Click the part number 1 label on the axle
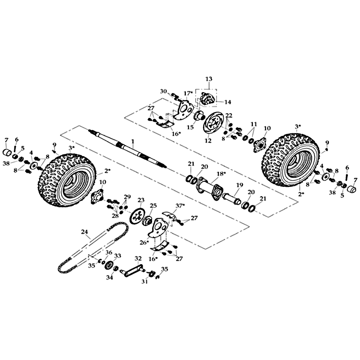[x=133, y=141]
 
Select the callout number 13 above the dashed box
[x=209, y=79]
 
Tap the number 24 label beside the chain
[x=85, y=232]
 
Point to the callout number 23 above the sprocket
[x=141, y=200]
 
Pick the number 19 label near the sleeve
[x=238, y=185]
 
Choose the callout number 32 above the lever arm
[x=138, y=258]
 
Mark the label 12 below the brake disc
[x=208, y=140]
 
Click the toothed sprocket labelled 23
[x=136, y=216]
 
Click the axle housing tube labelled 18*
[x=209, y=185]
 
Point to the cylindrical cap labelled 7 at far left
[x=7, y=152]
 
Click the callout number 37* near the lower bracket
[x=180, y=206]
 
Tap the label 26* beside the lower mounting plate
[x=144, y=243]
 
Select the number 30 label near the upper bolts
[x=163, y=91]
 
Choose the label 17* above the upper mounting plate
[x=188, y=94]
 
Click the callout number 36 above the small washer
[x=109, y=252]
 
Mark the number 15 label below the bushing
[x=190, y=127]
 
